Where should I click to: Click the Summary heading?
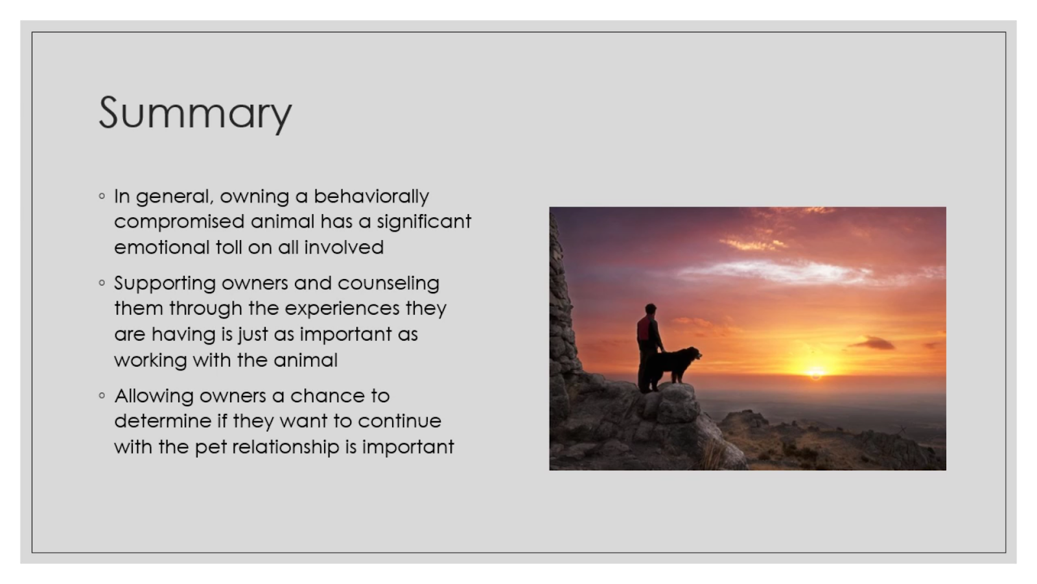tap(195, 114)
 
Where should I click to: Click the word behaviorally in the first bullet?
tap(371, 197)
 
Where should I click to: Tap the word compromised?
tap(179, 222)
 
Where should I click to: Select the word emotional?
tap(161, 247)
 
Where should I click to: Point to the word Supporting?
tap(165, 284)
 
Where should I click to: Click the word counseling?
tap(388, 284)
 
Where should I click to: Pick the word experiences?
tap(342, 309)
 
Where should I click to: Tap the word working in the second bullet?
tap(150, 361)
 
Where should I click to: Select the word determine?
tap(163, 421)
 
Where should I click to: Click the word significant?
tap(424, 222)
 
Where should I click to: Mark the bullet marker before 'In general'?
tap(102, 196)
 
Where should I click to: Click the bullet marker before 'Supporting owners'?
tap(102, 283)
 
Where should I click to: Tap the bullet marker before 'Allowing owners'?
tap(102, 395)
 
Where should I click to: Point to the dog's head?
tap(693, 354)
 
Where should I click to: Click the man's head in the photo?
tap(651, 309)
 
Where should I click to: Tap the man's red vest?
tap(644, 328)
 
